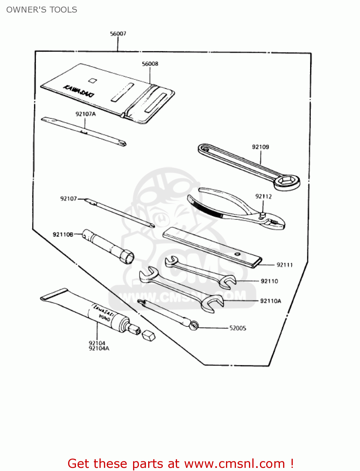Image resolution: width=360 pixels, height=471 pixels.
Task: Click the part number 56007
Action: tap(118, 34)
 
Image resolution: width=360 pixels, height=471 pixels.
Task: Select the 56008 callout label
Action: tap(150, 64)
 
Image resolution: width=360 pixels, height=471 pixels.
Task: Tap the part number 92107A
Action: tap(85, 114)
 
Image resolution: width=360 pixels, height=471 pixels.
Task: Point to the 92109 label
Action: tap(260, 147)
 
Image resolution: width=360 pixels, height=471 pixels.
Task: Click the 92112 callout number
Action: tap(263, 196)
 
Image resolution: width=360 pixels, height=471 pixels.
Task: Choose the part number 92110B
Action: tap(63, 235)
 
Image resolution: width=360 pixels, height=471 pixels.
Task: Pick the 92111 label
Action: tap(284, 265)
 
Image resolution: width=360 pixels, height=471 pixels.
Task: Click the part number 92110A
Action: tap(271, 301)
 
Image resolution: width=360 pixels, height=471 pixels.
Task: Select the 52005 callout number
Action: tap(238, 328)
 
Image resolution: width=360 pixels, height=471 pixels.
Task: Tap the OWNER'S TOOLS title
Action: tap(42, 10)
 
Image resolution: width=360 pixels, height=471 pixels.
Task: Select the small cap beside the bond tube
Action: tap(148, 336)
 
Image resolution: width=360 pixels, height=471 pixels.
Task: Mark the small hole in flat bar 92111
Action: tap(238, 254)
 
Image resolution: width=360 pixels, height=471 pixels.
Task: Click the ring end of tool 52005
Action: tap(194, 325)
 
